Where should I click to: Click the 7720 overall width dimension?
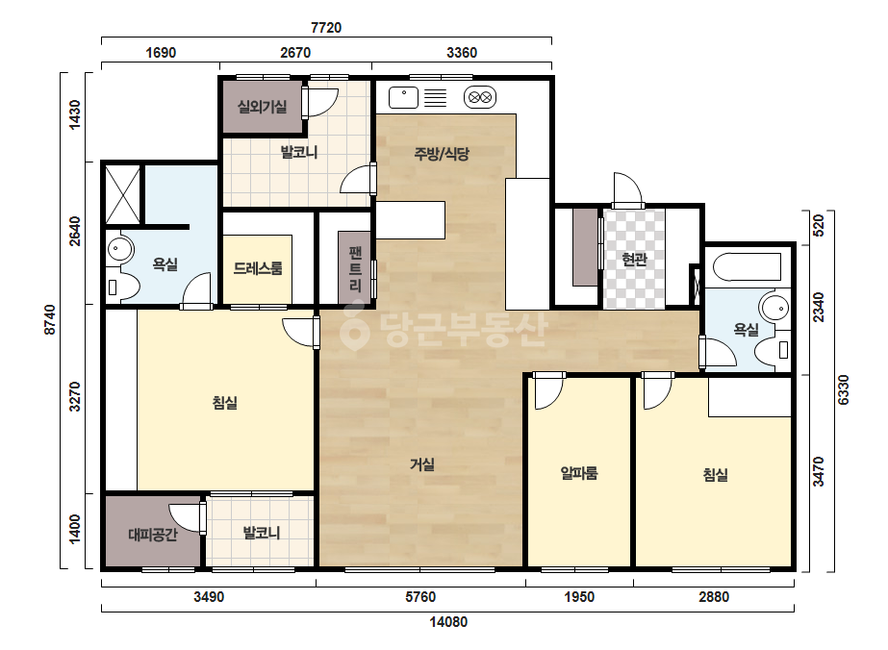326,27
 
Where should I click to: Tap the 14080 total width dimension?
448,622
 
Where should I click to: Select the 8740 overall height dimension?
50,319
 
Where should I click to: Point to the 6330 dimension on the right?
843,389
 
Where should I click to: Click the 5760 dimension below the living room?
420,597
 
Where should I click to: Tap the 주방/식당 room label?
442,154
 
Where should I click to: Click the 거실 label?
422,464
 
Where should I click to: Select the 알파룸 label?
579,473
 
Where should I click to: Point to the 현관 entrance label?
634,260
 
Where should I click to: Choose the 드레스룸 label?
258,268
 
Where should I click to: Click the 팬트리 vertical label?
355,268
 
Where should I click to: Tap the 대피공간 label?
153,534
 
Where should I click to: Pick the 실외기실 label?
263,107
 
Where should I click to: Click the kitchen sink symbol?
403,97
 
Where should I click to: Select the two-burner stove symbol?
480,97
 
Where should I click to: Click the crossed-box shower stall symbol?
123,194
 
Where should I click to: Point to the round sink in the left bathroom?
119,249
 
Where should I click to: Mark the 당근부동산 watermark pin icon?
354,327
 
